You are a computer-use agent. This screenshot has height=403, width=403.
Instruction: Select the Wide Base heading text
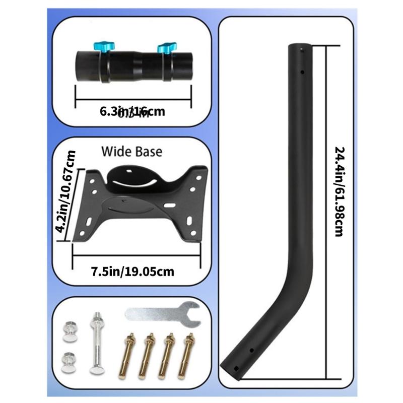(x=131, y=151)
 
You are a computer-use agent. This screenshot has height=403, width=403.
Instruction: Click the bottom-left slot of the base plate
(x=89, y=222)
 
